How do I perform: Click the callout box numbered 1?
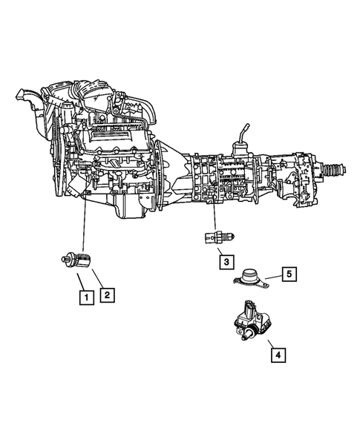pyautogui.click(x=87, y=298)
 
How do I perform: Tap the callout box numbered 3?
pyautogui.click(x=223, y=261)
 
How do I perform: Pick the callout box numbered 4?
pyautogui.click(x=276, y=355)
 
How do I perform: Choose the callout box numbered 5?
pyautogui.click(x=289, y=274)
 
